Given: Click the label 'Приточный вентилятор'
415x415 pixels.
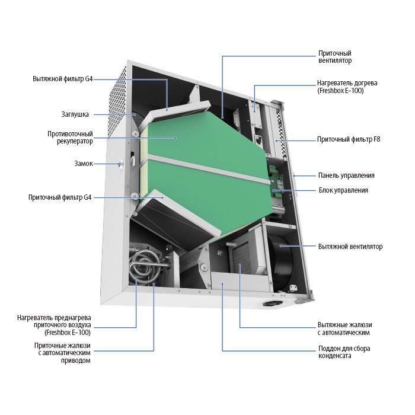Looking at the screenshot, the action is point(335,57).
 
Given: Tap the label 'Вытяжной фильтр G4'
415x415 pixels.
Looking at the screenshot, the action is point(63,79).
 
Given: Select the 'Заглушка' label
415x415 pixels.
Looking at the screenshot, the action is point(75,114).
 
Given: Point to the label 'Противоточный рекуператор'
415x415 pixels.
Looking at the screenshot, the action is point(70,138).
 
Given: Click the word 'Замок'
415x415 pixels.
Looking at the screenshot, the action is point(84,163).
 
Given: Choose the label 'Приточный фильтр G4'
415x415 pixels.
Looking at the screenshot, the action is point(60,197).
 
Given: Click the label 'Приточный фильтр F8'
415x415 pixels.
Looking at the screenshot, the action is point(349,139).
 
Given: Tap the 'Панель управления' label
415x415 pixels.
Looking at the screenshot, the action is point(346,175).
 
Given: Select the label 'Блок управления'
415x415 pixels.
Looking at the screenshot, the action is point(343,190).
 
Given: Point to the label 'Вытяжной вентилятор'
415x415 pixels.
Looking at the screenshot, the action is point(350,247).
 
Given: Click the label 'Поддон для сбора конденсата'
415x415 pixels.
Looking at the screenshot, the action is point(344,352).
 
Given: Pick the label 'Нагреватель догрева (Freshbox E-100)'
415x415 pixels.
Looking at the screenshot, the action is point(347,87).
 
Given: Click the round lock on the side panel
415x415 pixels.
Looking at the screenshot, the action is point(122,164).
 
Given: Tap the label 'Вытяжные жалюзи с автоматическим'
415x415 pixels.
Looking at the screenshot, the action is point(344,328).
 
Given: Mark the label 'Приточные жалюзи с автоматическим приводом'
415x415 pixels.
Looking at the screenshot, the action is point(62,353).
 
